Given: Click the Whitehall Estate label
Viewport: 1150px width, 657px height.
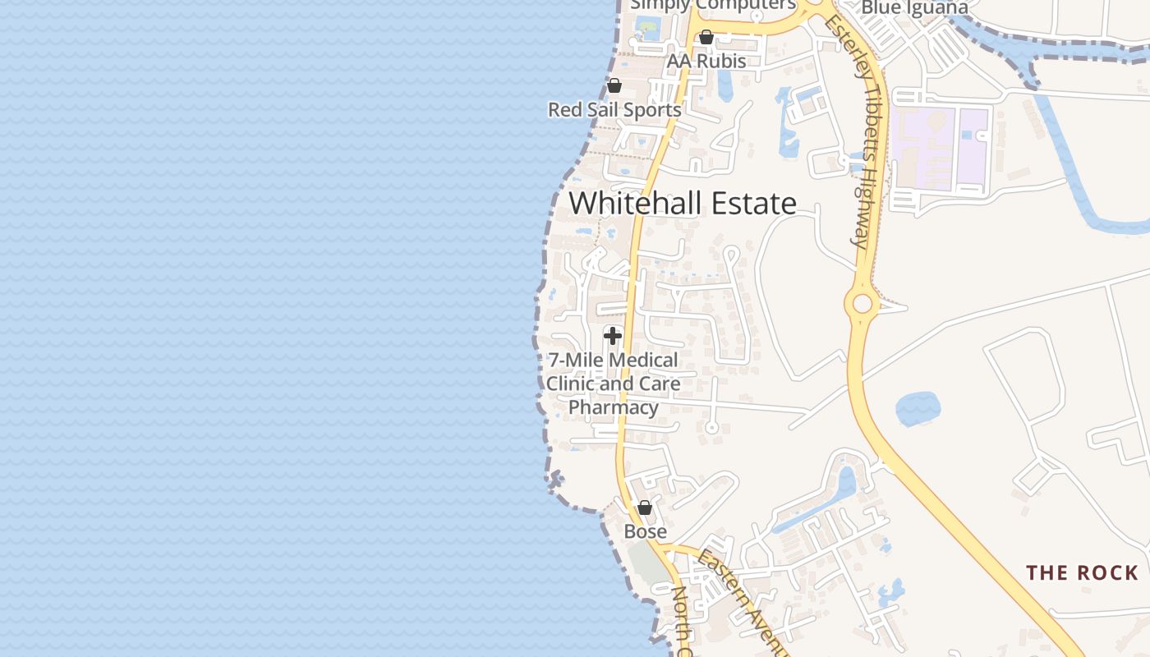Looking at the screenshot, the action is [682, 203].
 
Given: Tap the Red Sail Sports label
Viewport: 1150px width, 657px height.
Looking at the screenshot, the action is [614, 109].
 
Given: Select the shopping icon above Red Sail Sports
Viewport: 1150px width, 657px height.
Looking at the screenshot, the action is [614, 85].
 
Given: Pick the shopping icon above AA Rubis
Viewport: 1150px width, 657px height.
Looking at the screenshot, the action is [706, 37].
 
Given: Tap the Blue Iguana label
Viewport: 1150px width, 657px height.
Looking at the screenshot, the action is [914, 8].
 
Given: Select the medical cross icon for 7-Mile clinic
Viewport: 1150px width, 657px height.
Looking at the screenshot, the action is [612, 335].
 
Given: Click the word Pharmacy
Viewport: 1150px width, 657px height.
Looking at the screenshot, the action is [614, 407].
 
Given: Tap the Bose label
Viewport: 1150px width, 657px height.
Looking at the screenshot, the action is [646, 531].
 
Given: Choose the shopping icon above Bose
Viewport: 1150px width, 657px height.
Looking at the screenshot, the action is [645, 508].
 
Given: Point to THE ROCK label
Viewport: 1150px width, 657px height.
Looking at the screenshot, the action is [1082, 572].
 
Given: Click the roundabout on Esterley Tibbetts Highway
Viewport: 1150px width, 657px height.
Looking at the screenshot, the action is [862, 304].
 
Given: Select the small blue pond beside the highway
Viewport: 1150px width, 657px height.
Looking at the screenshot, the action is [918, 408].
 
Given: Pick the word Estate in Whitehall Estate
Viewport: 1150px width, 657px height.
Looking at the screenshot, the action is [753, 203].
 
